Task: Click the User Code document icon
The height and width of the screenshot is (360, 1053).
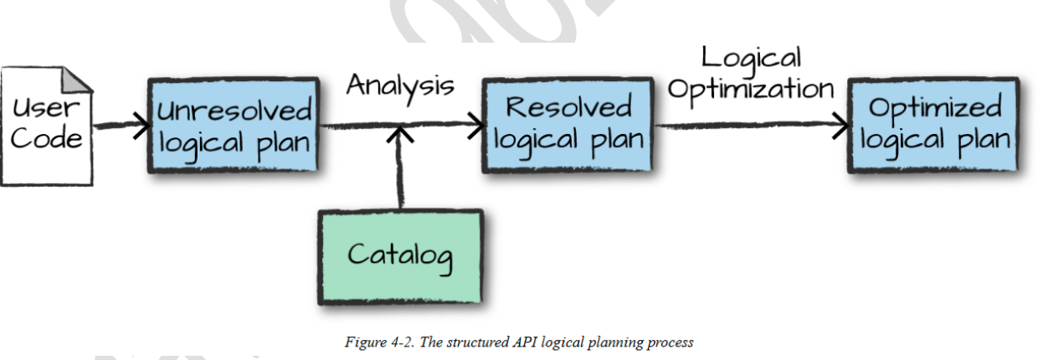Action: point(47,126)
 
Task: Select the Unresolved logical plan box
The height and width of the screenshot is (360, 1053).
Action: point(234,126)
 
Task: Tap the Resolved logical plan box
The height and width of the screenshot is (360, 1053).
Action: point(568,126)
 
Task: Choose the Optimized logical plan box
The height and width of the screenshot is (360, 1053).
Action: point(934,126)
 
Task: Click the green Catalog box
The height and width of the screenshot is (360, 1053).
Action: point(400,257)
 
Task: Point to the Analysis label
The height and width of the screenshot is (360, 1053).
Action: point(400,87)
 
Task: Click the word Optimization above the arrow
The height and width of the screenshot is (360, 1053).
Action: point(751,90)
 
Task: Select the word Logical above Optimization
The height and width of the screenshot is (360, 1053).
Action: point(751,59)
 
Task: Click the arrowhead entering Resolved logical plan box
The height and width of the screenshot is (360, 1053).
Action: point(476,126)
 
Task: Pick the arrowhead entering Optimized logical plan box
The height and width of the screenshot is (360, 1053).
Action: point(841,126)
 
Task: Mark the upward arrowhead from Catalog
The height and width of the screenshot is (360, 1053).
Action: point(400,134)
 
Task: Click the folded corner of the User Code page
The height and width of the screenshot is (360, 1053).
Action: point(77,79)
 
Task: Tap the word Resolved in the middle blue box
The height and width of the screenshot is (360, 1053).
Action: point(569,106)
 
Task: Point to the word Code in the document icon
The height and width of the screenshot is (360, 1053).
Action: point(46,139)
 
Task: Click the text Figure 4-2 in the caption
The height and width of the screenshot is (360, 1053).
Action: point(379,342)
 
